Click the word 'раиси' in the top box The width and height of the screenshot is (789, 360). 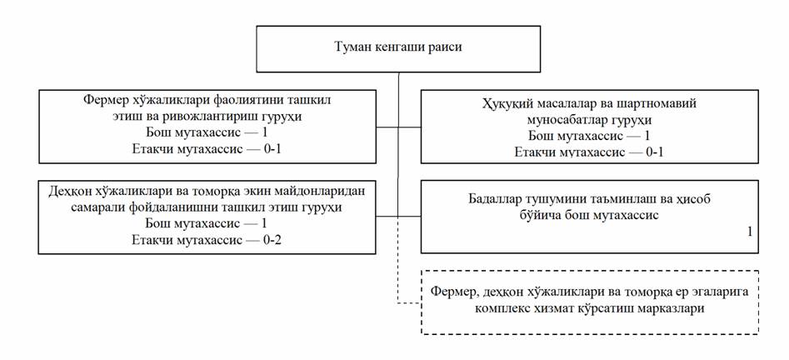point(445,47)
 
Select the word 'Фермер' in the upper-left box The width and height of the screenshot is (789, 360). point(104,100)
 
